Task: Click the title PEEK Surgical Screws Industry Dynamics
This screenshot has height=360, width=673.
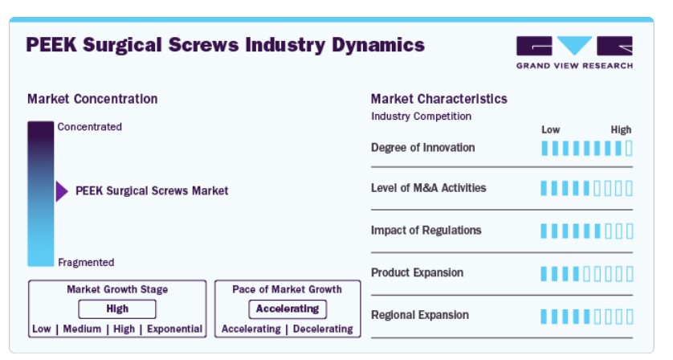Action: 226,45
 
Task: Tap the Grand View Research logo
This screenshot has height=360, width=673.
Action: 574,52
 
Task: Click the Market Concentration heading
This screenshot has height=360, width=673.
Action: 92,99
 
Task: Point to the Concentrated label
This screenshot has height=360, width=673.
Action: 90,127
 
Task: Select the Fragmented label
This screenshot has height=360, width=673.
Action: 86,263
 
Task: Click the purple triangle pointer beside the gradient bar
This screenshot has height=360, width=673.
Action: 62,191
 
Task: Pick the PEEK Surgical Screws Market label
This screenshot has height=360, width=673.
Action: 152,190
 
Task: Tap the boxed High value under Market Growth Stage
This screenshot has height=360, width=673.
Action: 117,309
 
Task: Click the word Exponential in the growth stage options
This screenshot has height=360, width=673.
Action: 175,329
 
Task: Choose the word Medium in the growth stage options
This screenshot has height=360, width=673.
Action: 82,329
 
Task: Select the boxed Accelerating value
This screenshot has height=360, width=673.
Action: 288,309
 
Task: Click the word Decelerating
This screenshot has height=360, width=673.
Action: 323,329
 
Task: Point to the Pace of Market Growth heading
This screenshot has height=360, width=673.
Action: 288,289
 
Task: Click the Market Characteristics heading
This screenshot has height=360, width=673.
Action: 439,99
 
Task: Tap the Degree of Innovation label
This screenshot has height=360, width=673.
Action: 422,148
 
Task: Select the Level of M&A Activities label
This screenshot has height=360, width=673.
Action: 428,188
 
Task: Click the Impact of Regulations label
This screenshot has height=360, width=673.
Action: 426,231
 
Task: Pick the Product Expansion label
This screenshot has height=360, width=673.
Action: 417,272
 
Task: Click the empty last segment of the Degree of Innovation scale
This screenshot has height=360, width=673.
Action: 629,148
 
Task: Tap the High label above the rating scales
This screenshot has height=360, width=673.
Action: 621,129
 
